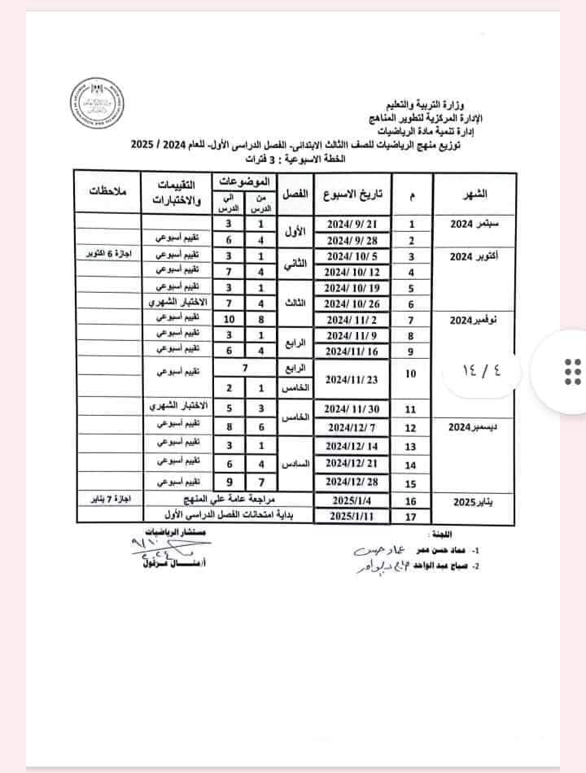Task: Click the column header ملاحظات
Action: (107, 192)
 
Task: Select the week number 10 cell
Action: (410, 373)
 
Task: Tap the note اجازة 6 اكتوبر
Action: (107, 255)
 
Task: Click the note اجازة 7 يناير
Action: (107, 498)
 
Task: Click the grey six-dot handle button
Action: (571, 372)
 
